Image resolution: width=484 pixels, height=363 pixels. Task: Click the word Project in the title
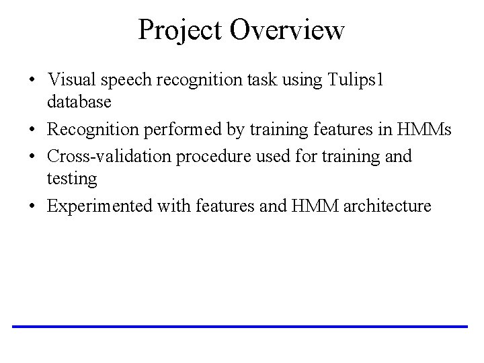coord(181,30)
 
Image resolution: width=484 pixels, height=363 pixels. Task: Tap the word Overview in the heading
coord(287,30)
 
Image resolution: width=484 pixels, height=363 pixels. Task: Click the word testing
coord(72,179)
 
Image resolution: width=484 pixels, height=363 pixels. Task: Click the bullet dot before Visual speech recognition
coord(32,80)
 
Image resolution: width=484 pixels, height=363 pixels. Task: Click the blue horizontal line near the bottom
coord(239,326)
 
